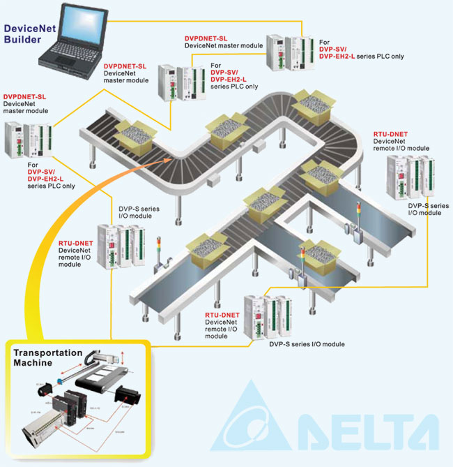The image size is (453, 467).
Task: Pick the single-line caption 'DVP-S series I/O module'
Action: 307,344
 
